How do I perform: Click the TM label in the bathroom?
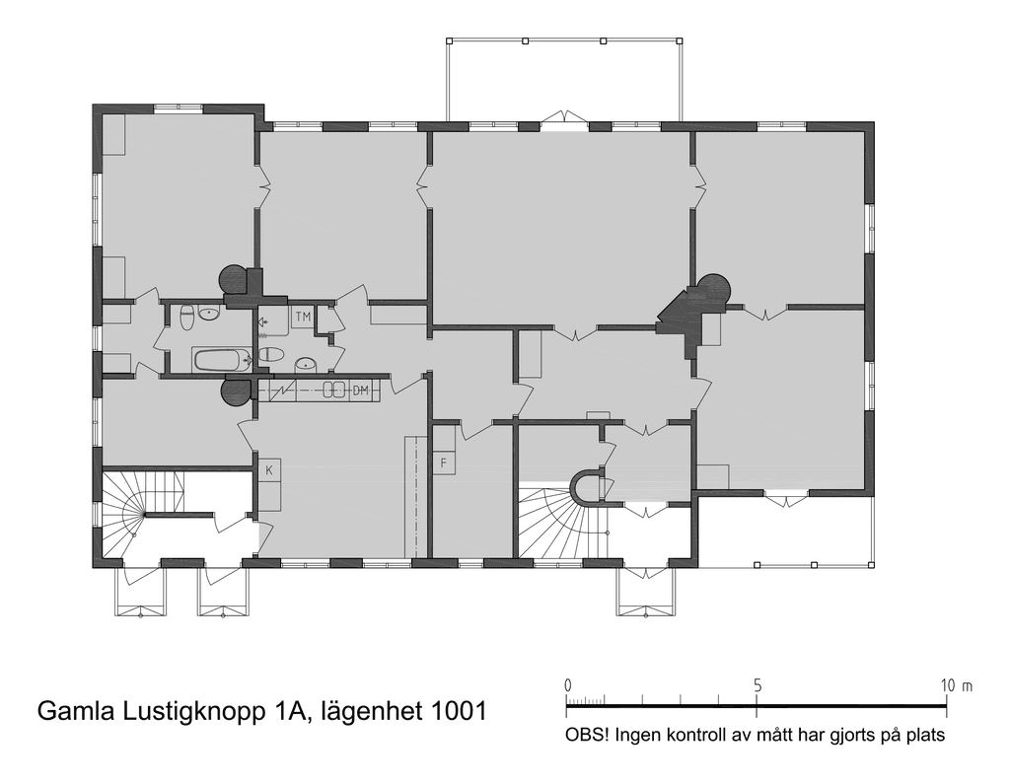tap(303, 317)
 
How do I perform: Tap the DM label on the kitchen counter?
tap(361, 391)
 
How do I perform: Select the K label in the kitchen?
tap(269, 470)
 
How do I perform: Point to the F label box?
tap(443, 463)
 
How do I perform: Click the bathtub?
tap(222, 361)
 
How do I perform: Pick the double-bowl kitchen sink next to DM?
tap(335, 390)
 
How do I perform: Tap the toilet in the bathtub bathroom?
tap(187, 317)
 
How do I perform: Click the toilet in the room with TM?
tap(270, 355)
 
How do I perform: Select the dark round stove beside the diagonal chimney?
tap(713, 288)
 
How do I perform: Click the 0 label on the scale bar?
tap(567, 685)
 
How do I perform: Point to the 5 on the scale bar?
tap(757, 685)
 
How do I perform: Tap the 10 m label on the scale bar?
tap(957, 685)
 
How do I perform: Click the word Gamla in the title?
tap(72, 711)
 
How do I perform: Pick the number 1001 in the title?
tap(458, 711)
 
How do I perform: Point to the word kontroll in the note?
tap(691, 735)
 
